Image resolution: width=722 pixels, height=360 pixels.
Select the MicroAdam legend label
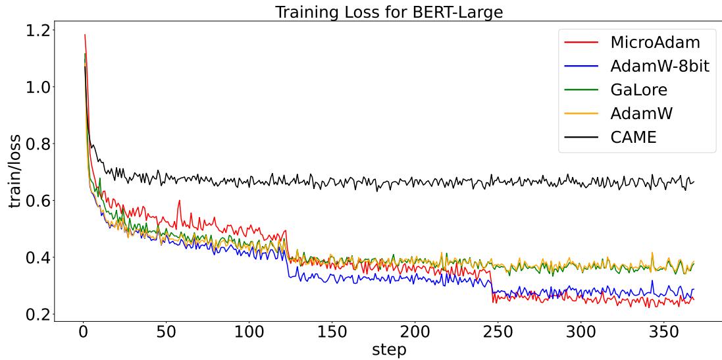655,43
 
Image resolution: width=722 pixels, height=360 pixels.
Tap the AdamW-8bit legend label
659,66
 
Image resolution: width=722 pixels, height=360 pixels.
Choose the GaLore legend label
638,90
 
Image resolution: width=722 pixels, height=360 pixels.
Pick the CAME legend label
633,137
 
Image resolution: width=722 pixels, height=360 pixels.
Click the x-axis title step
389,349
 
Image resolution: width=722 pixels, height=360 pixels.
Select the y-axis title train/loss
14,171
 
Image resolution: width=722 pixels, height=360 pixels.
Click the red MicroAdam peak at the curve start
85,35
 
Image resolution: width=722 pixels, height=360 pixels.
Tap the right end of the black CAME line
694,181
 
